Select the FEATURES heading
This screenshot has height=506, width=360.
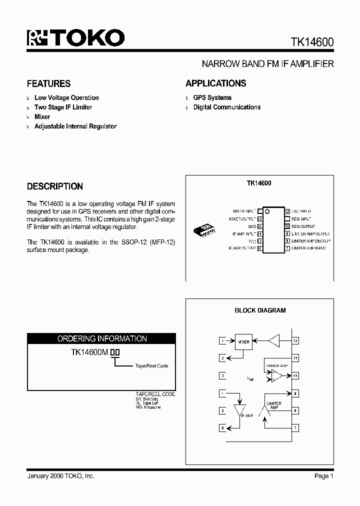(48, 83)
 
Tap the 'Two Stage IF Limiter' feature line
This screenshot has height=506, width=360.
(63, 107)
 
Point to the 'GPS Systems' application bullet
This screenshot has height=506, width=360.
(212, 97)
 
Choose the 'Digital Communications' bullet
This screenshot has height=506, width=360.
(226, 107)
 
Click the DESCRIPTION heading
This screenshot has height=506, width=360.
(54, 186)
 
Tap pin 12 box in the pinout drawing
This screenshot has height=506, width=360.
(287, 211)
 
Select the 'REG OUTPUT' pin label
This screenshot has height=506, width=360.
(303, 226)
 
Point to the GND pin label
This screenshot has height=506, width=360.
(252, 226)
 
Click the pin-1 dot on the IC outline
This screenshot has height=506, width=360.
(267, 212)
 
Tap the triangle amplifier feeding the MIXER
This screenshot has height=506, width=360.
(274, 341)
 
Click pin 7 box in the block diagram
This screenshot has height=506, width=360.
(295, 428)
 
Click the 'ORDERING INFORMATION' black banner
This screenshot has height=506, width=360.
(102, 338)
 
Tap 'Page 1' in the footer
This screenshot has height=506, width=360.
(324, 476)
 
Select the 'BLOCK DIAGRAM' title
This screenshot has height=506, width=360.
(260, 310)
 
